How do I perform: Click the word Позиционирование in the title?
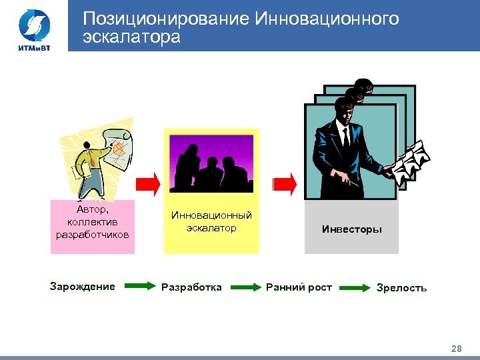(166, 19)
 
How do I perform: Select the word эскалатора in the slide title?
(131, 37)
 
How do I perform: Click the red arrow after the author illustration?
(149, 182)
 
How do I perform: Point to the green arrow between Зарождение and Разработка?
(139, 287)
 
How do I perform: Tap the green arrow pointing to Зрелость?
(354, 287)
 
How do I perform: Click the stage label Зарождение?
(82, 287)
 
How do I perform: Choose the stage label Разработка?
(191, 287)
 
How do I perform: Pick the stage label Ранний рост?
(299, 287)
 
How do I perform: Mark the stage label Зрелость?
(401, 288)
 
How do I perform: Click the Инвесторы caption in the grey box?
(351, 229)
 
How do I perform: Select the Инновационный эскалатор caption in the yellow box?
(211, 221)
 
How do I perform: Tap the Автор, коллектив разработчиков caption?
(93, 222)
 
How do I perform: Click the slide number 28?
(456, 348)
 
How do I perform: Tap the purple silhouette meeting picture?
(211, 163)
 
